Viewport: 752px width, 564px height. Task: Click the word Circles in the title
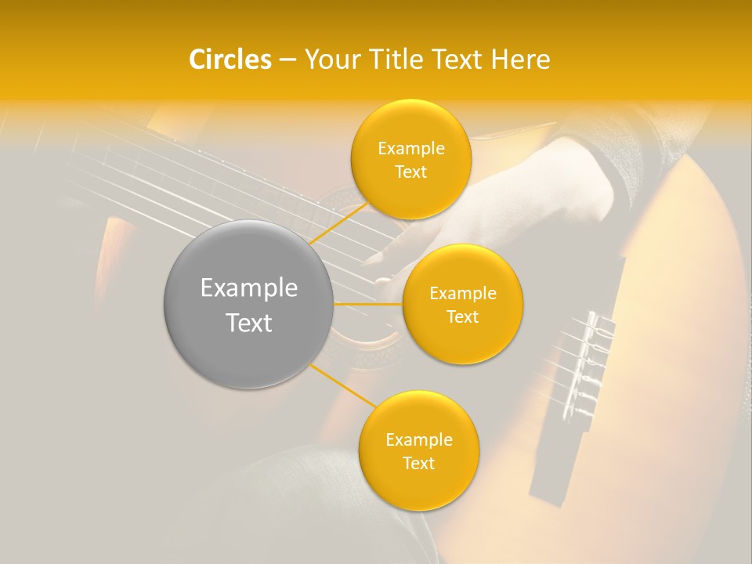[230, 60]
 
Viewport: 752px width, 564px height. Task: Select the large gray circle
[248, 304]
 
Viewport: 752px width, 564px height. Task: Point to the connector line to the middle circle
[368, 303]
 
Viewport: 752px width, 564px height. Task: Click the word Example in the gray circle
[248, 288]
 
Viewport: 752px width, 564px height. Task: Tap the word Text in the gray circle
[248, 323]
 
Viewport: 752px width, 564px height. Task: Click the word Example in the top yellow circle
[410, 149]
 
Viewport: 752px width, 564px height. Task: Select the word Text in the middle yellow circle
[462, 317]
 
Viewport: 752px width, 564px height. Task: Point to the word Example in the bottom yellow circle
[418, 440]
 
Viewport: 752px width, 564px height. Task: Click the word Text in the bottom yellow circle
[418, 464]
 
